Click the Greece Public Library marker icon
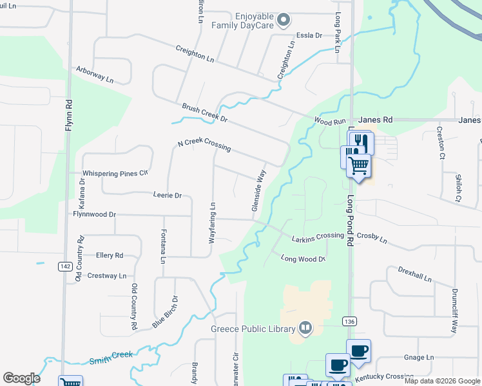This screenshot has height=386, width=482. point(305,329)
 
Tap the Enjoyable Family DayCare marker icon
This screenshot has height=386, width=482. point(283,22)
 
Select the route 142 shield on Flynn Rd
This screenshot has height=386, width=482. point(64,266)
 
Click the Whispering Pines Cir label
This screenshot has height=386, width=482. point(115,173)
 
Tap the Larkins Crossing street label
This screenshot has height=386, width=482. point(318,235)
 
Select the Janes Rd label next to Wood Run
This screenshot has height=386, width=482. point(375,120)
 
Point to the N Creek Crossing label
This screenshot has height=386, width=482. point(204,145)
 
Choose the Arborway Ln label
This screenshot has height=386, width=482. point(94,74)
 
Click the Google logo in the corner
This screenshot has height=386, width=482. point(21,378)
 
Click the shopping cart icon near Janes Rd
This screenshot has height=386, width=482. point(358,165)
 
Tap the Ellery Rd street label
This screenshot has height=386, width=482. point(109,255)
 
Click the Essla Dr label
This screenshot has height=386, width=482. point(309,35)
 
